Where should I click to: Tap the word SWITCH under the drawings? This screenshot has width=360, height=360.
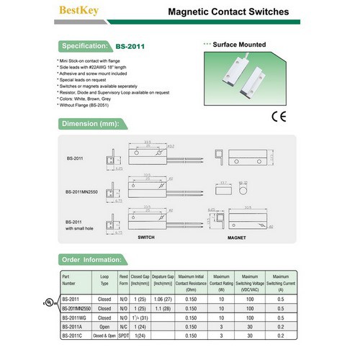[x=146, y=237]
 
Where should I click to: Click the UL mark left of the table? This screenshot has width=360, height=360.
[x=48, y=302]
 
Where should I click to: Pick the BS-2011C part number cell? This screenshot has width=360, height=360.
[x=71, y=335]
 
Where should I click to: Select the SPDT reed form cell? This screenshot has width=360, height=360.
[x=123, y=335]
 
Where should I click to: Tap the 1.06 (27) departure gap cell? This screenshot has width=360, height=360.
[x=164, y=298]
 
